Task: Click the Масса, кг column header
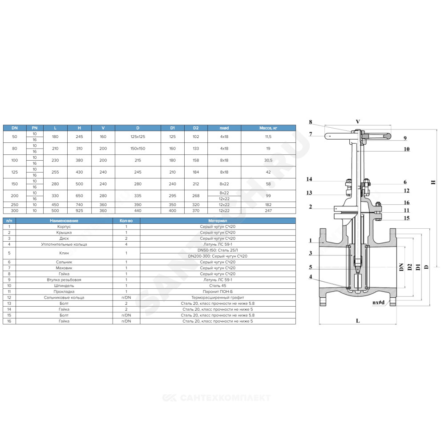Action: click(x=268, y=128)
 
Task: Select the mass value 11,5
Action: click(x=268, y=137)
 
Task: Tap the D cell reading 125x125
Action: click(x=138, y=137)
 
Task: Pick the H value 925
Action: click(x=79, y=210)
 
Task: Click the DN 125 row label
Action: click(x=15, y=172)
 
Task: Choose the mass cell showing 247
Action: click(x=268, y=210)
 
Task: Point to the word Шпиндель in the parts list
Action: click(x=64, y=286)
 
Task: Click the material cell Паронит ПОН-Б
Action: click(x=218, y=291)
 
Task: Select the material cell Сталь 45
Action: click(x=218, y=286)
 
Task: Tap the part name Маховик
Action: click(x=64, y=268)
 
